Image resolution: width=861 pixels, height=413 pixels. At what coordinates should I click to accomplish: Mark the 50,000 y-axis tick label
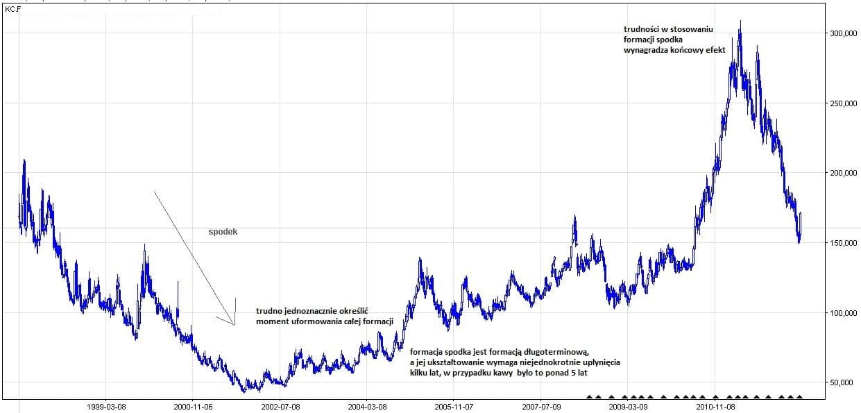click(x=842, y=382)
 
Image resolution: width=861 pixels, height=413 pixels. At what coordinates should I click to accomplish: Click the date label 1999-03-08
click(x=106, y=406)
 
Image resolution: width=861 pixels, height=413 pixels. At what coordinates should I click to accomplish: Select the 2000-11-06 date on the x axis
click(x=193, y=406)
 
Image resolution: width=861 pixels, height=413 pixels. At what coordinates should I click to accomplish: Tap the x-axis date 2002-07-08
click(x=280, y=406)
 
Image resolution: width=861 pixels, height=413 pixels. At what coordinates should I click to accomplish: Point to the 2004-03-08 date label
click(x=367, y=406)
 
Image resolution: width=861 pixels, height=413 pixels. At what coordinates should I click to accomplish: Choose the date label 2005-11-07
click(x=454, y=406)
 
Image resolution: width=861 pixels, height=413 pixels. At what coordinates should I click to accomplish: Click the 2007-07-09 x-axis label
click(x=541, y=406)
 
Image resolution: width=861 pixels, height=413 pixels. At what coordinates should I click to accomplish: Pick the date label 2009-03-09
click(x=628, y=406)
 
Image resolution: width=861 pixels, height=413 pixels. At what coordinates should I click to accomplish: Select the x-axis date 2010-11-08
click(x=715, y=406)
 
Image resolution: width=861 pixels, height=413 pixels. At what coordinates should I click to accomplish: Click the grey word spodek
click(x=223, y=232)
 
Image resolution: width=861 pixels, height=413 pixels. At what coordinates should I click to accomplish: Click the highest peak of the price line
click(x=741, y=22)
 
